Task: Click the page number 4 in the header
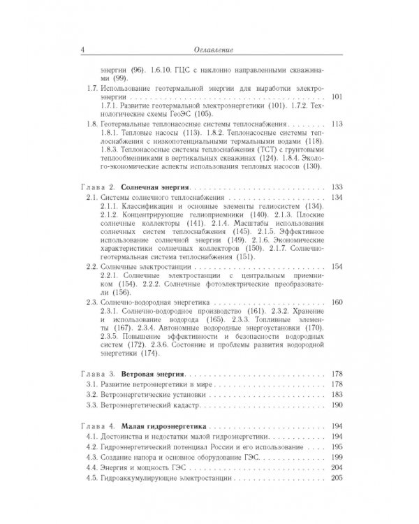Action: click(84, 50)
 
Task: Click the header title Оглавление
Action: click(214, 50)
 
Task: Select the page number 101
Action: click(339, 98)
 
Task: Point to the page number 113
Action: click(339, 124)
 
